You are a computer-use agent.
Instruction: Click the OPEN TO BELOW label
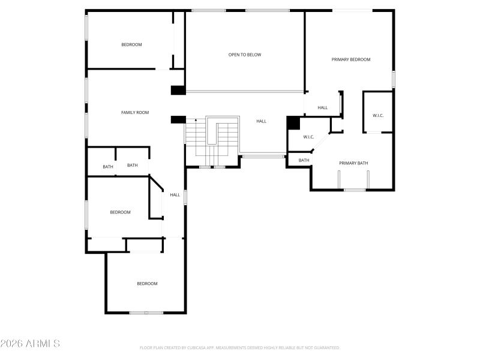(245, 55)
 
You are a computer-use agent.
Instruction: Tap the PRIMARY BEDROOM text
(351, 59)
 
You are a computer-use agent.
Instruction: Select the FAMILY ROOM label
(135, 113)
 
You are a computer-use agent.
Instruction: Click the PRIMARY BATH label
(353, 163)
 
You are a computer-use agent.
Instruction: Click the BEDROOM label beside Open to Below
(131, 44)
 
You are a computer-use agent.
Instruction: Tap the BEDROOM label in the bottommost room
(147, 284)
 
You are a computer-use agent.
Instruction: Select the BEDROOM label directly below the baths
(120, 212)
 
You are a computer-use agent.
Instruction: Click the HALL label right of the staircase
(261, 121)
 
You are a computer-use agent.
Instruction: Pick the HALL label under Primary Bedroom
(323, 108)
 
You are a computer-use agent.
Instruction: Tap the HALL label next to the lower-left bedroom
(175, 195)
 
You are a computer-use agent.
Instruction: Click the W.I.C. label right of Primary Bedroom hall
(378, 115)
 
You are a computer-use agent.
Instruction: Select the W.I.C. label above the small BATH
(308, 137)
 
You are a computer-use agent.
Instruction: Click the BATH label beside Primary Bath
(304, 160)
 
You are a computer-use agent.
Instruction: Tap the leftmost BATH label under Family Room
(107, 167)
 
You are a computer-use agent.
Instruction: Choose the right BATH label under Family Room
(132, 166)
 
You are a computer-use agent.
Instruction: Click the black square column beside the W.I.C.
(293, 122)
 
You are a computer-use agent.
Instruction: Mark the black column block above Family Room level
(178, 91)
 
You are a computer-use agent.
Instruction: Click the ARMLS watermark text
(30, 344)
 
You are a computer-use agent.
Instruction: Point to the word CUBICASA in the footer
(193, 347)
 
